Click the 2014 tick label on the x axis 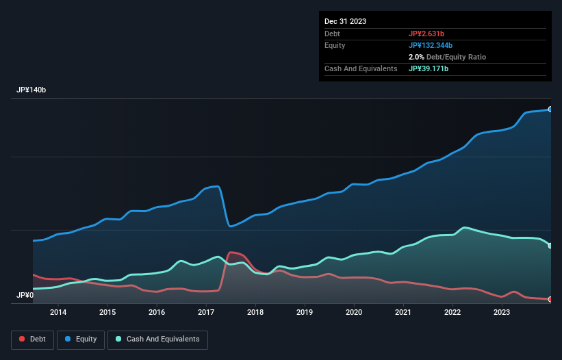58,312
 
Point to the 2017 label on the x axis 206,312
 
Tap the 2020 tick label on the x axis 354,312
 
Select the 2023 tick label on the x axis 502,312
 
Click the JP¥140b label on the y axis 31,90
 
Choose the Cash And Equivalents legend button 157,339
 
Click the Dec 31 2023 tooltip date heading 345,21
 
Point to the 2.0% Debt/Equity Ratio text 447,57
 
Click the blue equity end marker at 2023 550,109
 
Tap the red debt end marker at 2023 550,299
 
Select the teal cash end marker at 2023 550,246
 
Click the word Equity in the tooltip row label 335,45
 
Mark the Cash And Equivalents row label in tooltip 361,68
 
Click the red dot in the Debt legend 22,339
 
